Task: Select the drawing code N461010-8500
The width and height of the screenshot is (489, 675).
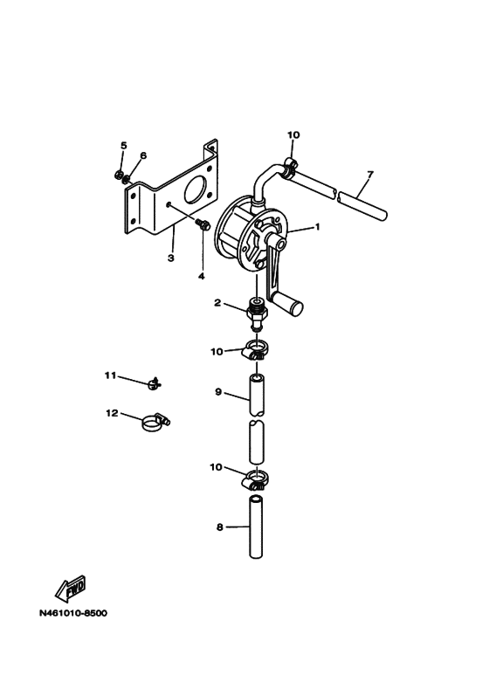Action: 73,613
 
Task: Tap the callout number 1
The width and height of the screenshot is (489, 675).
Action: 318,226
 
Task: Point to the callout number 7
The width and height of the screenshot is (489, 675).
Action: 370,175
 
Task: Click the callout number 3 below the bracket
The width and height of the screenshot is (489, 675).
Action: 171,258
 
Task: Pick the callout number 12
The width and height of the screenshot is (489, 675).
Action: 112,413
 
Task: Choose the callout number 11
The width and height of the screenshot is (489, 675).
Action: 111,375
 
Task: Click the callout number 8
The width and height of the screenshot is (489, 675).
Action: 220,527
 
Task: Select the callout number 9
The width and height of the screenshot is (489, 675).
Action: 218,392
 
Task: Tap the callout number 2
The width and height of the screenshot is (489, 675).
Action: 217,303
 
